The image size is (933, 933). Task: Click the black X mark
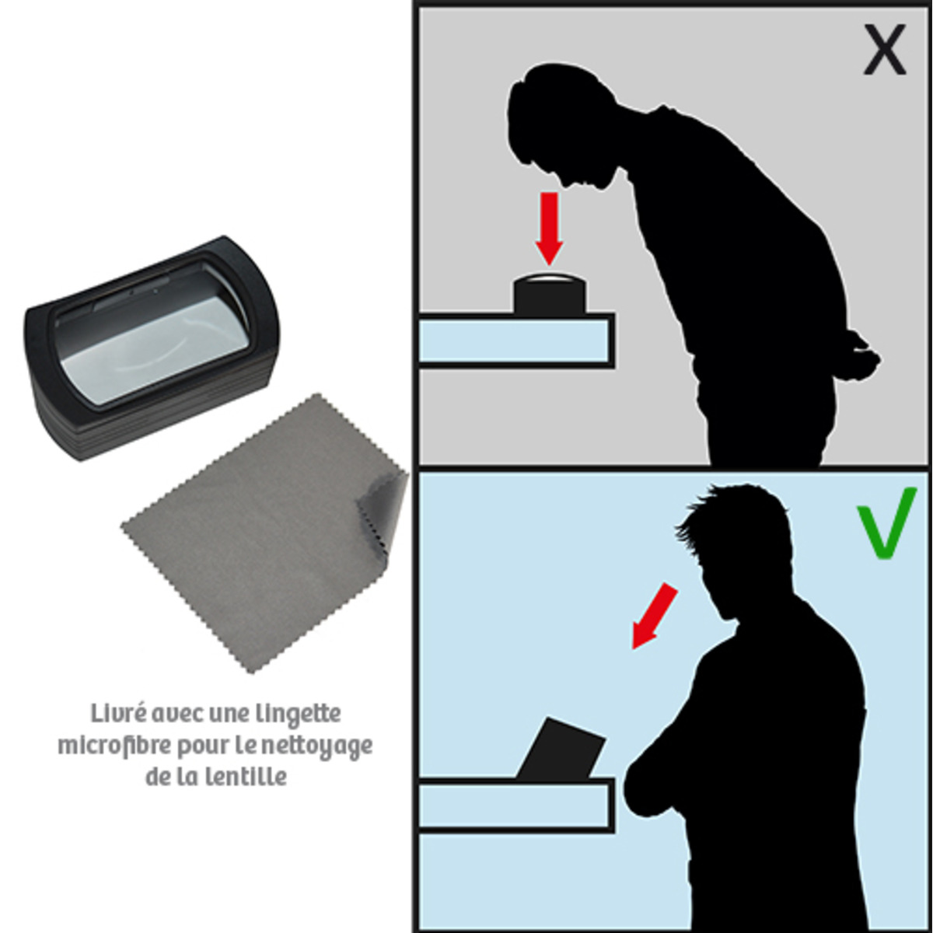(885, 50)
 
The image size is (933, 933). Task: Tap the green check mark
(886, 523)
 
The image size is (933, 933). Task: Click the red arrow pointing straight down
(549, 229)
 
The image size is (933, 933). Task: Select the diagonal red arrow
(654, 615)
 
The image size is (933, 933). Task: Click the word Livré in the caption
(118, 714)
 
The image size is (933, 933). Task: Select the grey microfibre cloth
(264, 533)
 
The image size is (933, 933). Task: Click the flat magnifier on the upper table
(549, 295)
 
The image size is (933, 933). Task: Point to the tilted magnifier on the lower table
(561, 749)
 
